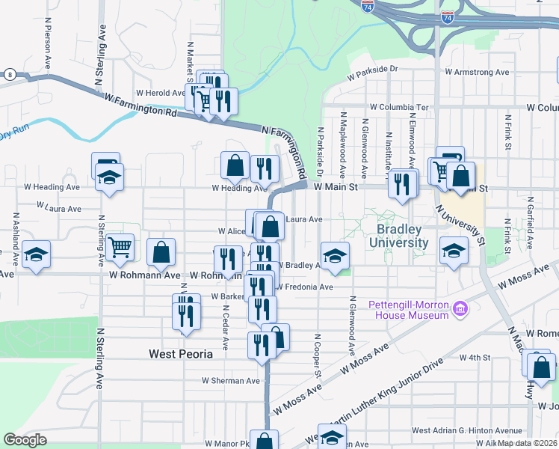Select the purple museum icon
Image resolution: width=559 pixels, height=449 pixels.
click(x=461, y=308)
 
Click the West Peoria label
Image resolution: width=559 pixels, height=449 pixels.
click(x=181, y=353)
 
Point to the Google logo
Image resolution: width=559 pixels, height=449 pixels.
click(x=25, y=440)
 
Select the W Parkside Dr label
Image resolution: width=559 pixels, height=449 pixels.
click(x=374, y=73)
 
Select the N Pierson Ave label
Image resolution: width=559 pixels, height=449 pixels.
click(x=48, y=49)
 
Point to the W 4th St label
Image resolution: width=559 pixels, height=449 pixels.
click(x=474, y=358)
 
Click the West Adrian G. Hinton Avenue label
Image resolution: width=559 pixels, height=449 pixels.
click(x=466, y=430)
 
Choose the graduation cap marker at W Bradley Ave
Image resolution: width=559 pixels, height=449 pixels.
click(x=336, y=256)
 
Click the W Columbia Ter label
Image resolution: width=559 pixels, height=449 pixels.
click(x=399, y=108)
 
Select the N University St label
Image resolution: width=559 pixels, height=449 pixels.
click(x=460, y=226)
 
